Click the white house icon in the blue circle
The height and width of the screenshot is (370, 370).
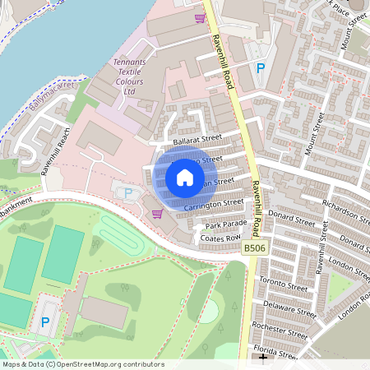click(x=185, y=177)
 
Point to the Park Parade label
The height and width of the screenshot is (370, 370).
click(x=226, y=224)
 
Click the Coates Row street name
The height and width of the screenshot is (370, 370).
click(x=219, y=238)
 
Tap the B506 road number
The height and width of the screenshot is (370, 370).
click(x=256, y=247)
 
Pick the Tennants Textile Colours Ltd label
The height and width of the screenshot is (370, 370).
click(x=128, y=76)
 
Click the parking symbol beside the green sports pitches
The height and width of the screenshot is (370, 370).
click(x=45, y=322)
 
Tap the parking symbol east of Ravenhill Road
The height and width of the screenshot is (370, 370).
click(x=261, y=69)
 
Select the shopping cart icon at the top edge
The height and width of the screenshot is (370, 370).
click(x=200, y=17)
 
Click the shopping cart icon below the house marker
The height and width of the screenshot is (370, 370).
click(x=156, y=214)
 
